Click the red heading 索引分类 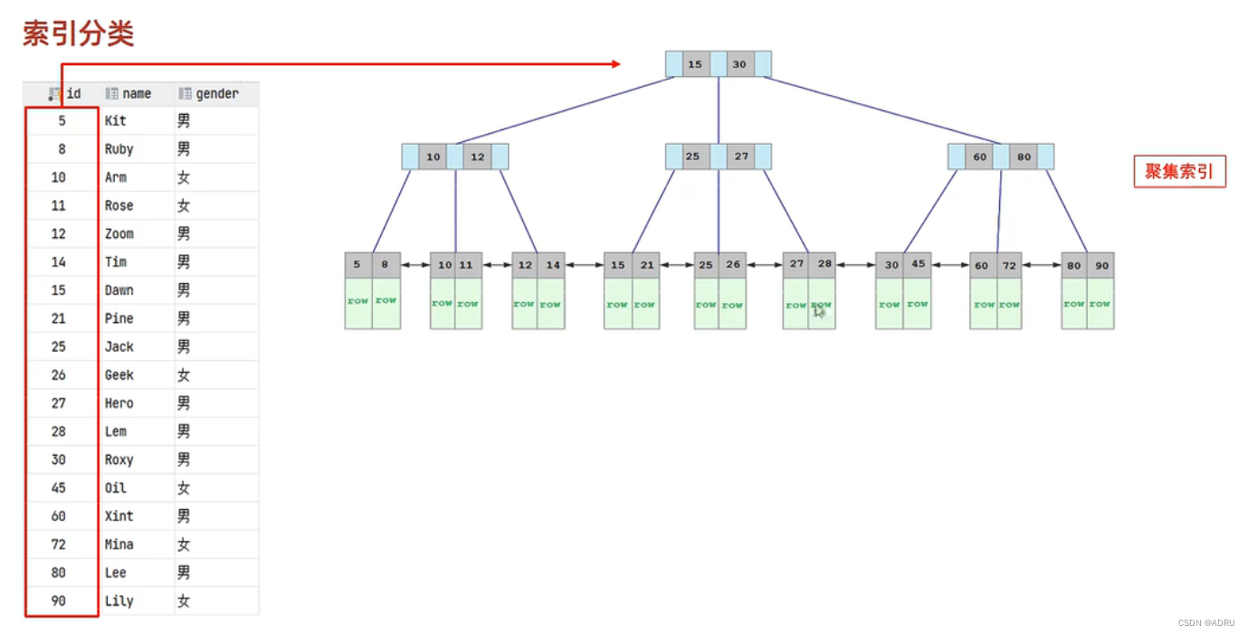[x=79, y=34]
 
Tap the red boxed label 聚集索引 [x=1179, y=171]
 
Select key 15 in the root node [x=695, y=64]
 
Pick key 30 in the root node [x=739, y=64]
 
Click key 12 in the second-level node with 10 [x=477, y=156]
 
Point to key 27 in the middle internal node [x=741, y=156]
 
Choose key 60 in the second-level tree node [x=980, y=156]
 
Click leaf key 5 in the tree [x=357, y=265]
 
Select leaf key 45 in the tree [x=918, y=265]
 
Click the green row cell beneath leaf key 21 [x=644, y=304]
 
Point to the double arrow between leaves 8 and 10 [x=414, y=265]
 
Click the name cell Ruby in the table [x=119, y=149]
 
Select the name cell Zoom [x=119, y=233]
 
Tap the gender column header [x=216, y=93]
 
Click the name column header [x=136, y=93]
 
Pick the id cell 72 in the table [x=59, y=545]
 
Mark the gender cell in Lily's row [x=184, y=601]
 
